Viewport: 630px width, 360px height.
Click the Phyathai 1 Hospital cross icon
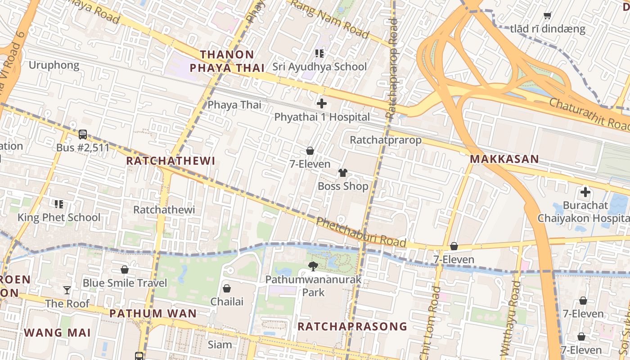(322, 103)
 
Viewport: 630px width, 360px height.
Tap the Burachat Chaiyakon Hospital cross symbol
(585, 193)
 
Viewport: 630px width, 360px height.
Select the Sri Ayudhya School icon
(319, 54)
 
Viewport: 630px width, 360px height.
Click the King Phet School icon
(59, 204)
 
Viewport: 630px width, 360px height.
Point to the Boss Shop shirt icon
(343, 173)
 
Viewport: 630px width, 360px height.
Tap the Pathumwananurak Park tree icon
(313, 266)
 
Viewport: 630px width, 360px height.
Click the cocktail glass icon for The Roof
(67, 290)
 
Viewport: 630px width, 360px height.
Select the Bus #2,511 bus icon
(83, 134)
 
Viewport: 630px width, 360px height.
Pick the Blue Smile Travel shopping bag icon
(125, 270)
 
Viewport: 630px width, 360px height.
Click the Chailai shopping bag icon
(227, 288)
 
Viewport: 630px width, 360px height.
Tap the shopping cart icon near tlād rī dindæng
(547, 16)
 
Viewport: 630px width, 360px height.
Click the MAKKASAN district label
(504, 159)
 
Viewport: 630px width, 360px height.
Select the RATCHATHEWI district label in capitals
(171, 161)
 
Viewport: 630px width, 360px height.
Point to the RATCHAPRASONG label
(352, 326)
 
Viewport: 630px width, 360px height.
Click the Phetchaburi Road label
(361, 233)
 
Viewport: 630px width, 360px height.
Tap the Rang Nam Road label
(330, 19)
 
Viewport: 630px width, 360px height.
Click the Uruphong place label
(54, 65)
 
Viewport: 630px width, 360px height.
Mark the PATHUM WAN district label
(153, 313)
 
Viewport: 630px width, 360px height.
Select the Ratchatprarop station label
(386, 140)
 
